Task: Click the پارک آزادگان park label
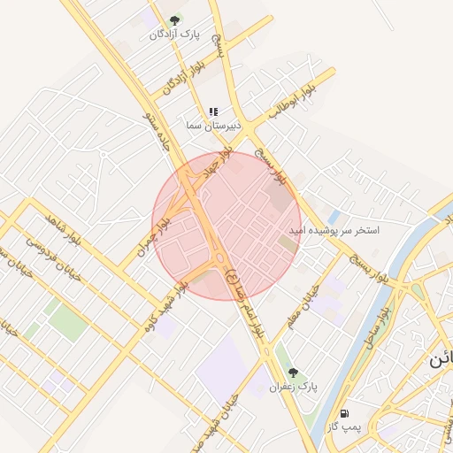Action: pyautogui.click(x=174, y=35)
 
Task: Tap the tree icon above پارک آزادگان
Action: pyautogui.click(x=174, y=19)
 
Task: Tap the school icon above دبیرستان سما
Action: pyautogui.click(x=213, y=112)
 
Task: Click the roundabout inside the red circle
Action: pyautogui.click(x=219, y=262)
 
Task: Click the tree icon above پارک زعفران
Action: pyautogui.click(x=293, y=372)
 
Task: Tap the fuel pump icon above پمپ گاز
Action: pyautogui.click(x=343, y=413)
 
